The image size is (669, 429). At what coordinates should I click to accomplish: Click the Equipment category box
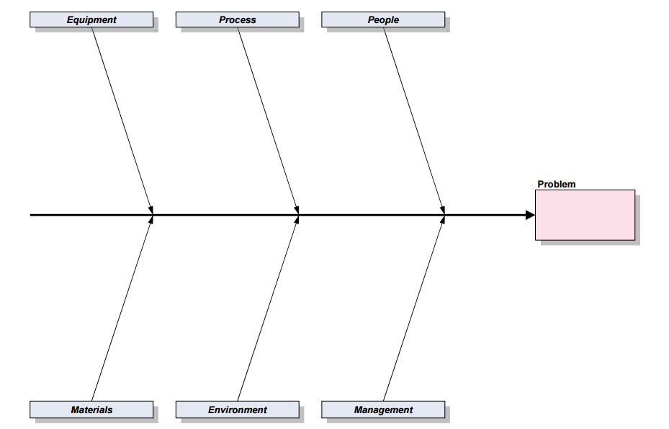click(91, 19)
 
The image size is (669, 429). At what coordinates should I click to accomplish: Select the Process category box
click(237, 19)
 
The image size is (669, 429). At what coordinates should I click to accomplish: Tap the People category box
click(383, 19)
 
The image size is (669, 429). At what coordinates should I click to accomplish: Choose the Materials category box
click(91, 410)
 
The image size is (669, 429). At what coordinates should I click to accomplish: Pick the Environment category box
click(237, 410)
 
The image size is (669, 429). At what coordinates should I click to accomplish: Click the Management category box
click(383, 410)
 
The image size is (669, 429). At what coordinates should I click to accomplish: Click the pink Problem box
click(585, 215)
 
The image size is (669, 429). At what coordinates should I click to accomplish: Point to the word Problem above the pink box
click(557, 184)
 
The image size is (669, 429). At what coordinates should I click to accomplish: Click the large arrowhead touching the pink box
click(530, 215)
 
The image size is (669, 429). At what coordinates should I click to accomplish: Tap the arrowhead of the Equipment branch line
click(151, 209)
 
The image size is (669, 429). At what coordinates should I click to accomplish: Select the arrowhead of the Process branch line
click(297, 209)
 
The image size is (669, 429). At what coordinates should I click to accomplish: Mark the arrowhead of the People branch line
click(443, 209)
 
